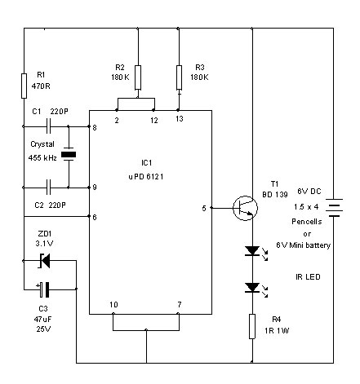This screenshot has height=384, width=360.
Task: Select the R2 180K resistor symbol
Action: [137, 77]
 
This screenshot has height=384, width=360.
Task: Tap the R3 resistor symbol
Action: [178, 77]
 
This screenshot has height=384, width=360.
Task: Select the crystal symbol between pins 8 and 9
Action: [68, 157]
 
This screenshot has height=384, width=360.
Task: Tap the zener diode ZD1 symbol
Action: [45, 261]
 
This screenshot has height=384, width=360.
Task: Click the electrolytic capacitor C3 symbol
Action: [45, 288]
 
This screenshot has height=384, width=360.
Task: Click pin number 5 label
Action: [205, 208]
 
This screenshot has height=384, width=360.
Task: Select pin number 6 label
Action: [95, 217]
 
